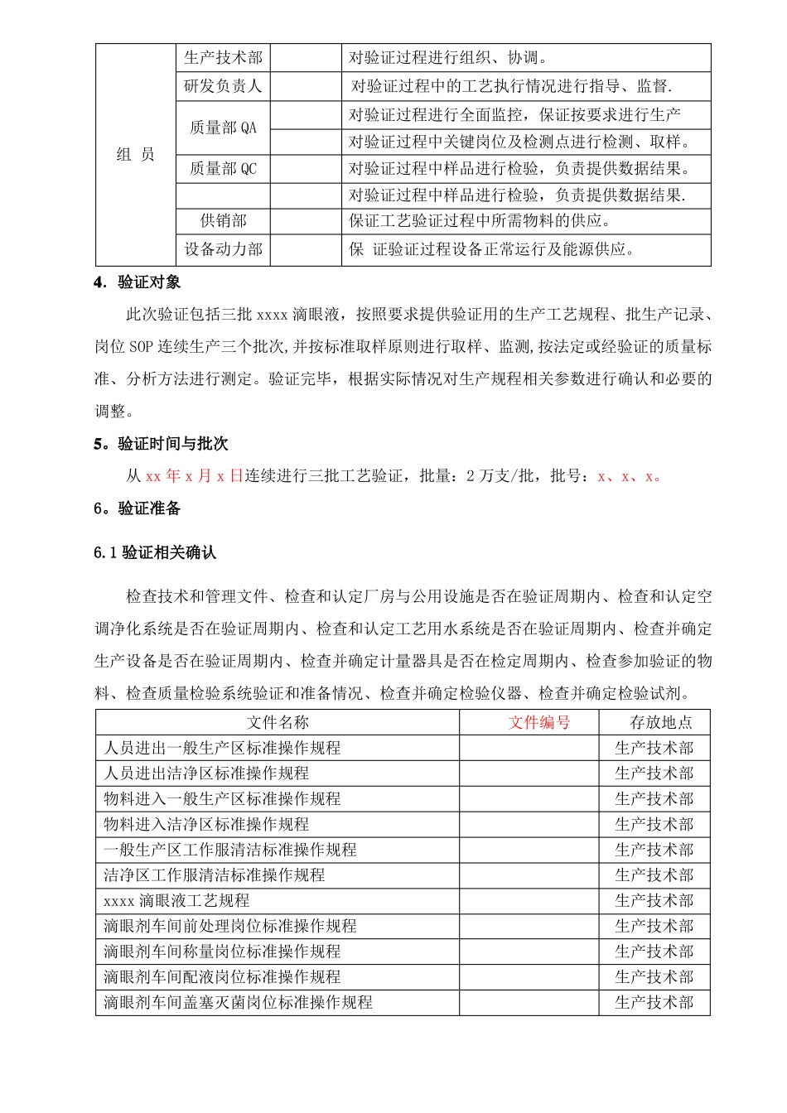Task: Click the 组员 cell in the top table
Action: click(136, 154)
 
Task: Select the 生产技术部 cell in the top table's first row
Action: click(223, 57)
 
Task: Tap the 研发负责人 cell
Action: click(223, 85)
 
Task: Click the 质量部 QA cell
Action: click(223, 128)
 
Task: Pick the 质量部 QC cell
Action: click(223, 169)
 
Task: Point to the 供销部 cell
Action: click(223, 220)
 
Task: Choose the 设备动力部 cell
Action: click(223, 249)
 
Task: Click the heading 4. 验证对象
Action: click(138, 282)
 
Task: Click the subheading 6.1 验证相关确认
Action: click(155, 552)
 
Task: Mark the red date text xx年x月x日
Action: click(195, 476)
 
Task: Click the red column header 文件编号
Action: click(539, 722)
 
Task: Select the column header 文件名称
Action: click(278, 722)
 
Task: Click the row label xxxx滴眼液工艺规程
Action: click(176, 900)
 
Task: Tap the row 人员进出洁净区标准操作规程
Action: click(206, 773)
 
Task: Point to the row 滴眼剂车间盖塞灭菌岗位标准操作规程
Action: click(238, 1002)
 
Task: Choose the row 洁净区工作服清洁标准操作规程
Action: click(214, 875)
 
